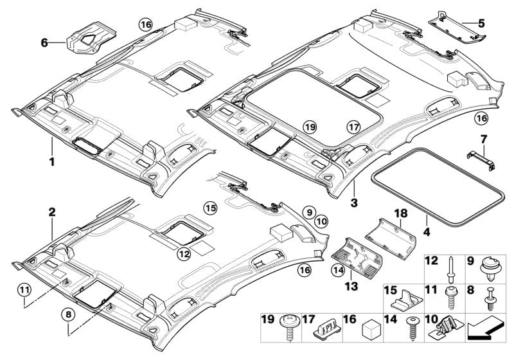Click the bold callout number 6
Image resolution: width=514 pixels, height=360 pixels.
(x=44, y=43)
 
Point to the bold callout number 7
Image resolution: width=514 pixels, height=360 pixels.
(x=484, y=139)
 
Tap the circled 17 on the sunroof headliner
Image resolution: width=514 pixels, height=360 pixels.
(x=351, y=127)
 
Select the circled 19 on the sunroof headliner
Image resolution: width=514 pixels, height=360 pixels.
(x=310, y=127)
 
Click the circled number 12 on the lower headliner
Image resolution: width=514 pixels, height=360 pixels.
(x=184, y=254)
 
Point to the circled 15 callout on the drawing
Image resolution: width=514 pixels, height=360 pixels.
(x=210, y=208)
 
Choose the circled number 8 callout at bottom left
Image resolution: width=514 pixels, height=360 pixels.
(x=67, y=314)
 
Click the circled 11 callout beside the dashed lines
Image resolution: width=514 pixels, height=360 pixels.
(x=24, y=289)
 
